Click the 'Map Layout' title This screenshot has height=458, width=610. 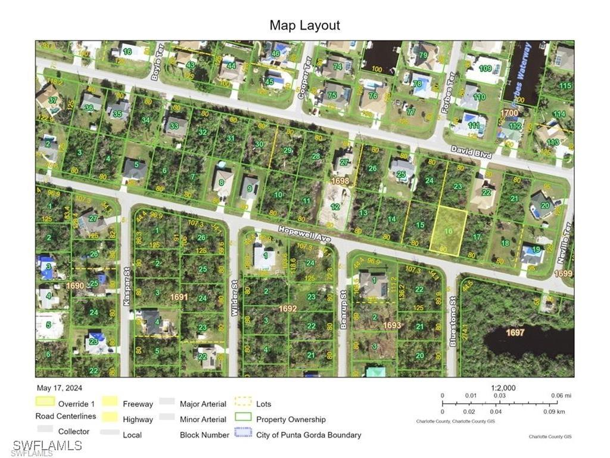click(x=304, y=25)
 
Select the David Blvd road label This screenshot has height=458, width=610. click(x=471, y=153)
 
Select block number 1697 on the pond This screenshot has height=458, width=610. click(x=515, y=332)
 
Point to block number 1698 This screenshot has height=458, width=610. click(x=340, y=180)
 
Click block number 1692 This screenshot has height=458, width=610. click(x=288, y=308)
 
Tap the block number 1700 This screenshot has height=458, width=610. click(x=509, y=113)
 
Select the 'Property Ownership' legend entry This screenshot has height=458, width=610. click(x=291, y=419)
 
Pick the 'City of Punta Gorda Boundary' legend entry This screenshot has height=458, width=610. click(x=309, y=435)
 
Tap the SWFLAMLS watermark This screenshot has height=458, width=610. click(x=47, y=445)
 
